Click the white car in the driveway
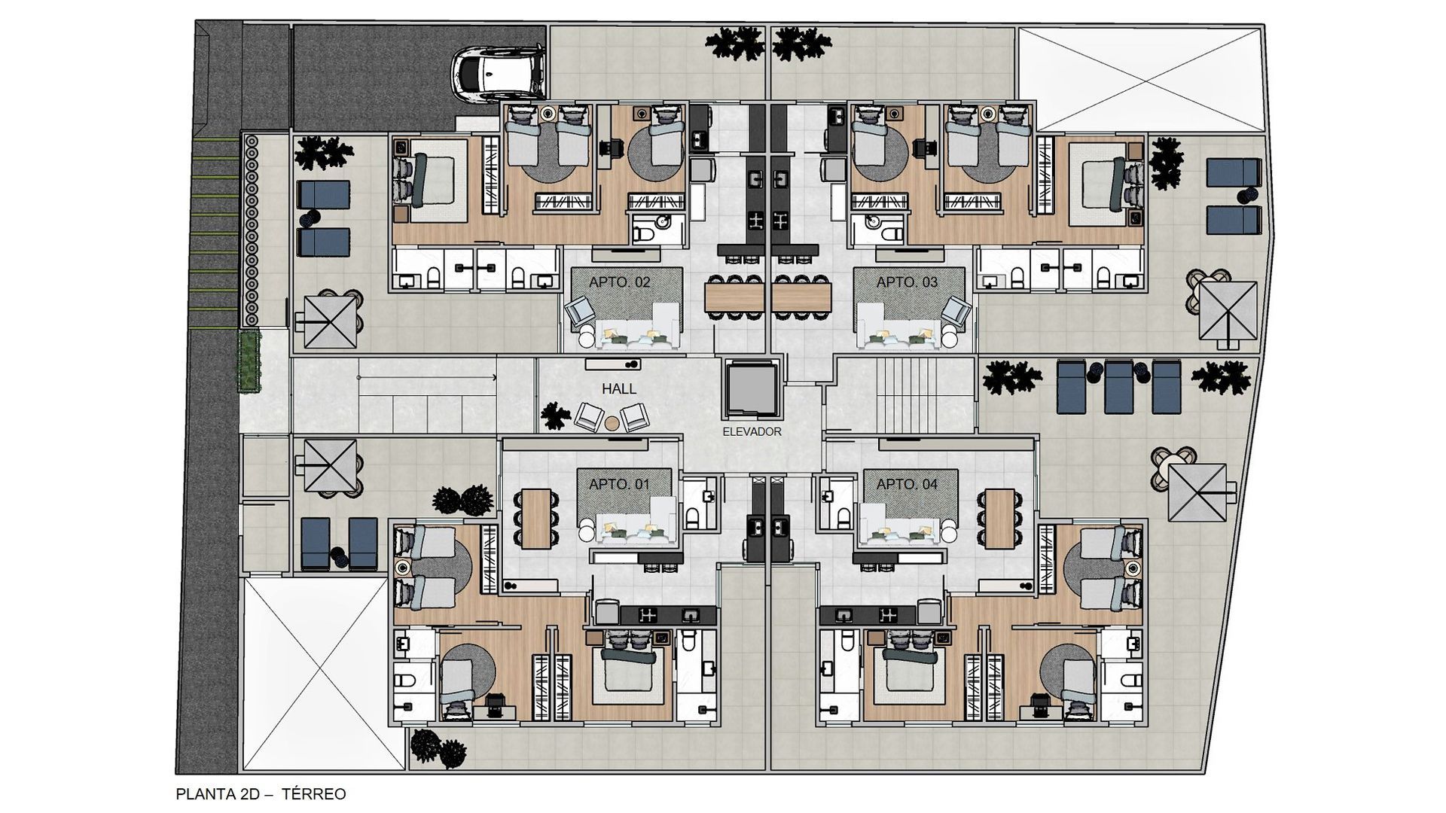(499, 74)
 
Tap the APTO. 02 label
(619, 283)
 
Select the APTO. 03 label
(907, 283)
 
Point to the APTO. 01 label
(619, 484)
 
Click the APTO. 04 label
(907, 484)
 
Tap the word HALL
(619, 389)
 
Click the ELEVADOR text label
(752, 432)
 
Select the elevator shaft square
(750, 388)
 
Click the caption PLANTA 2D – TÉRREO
(261, 794)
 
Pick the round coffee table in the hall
(612, 423)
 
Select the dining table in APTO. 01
(536, 517)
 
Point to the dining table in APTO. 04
(999, 517)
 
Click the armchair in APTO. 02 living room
(581, 312)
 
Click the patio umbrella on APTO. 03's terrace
(1228, 311)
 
